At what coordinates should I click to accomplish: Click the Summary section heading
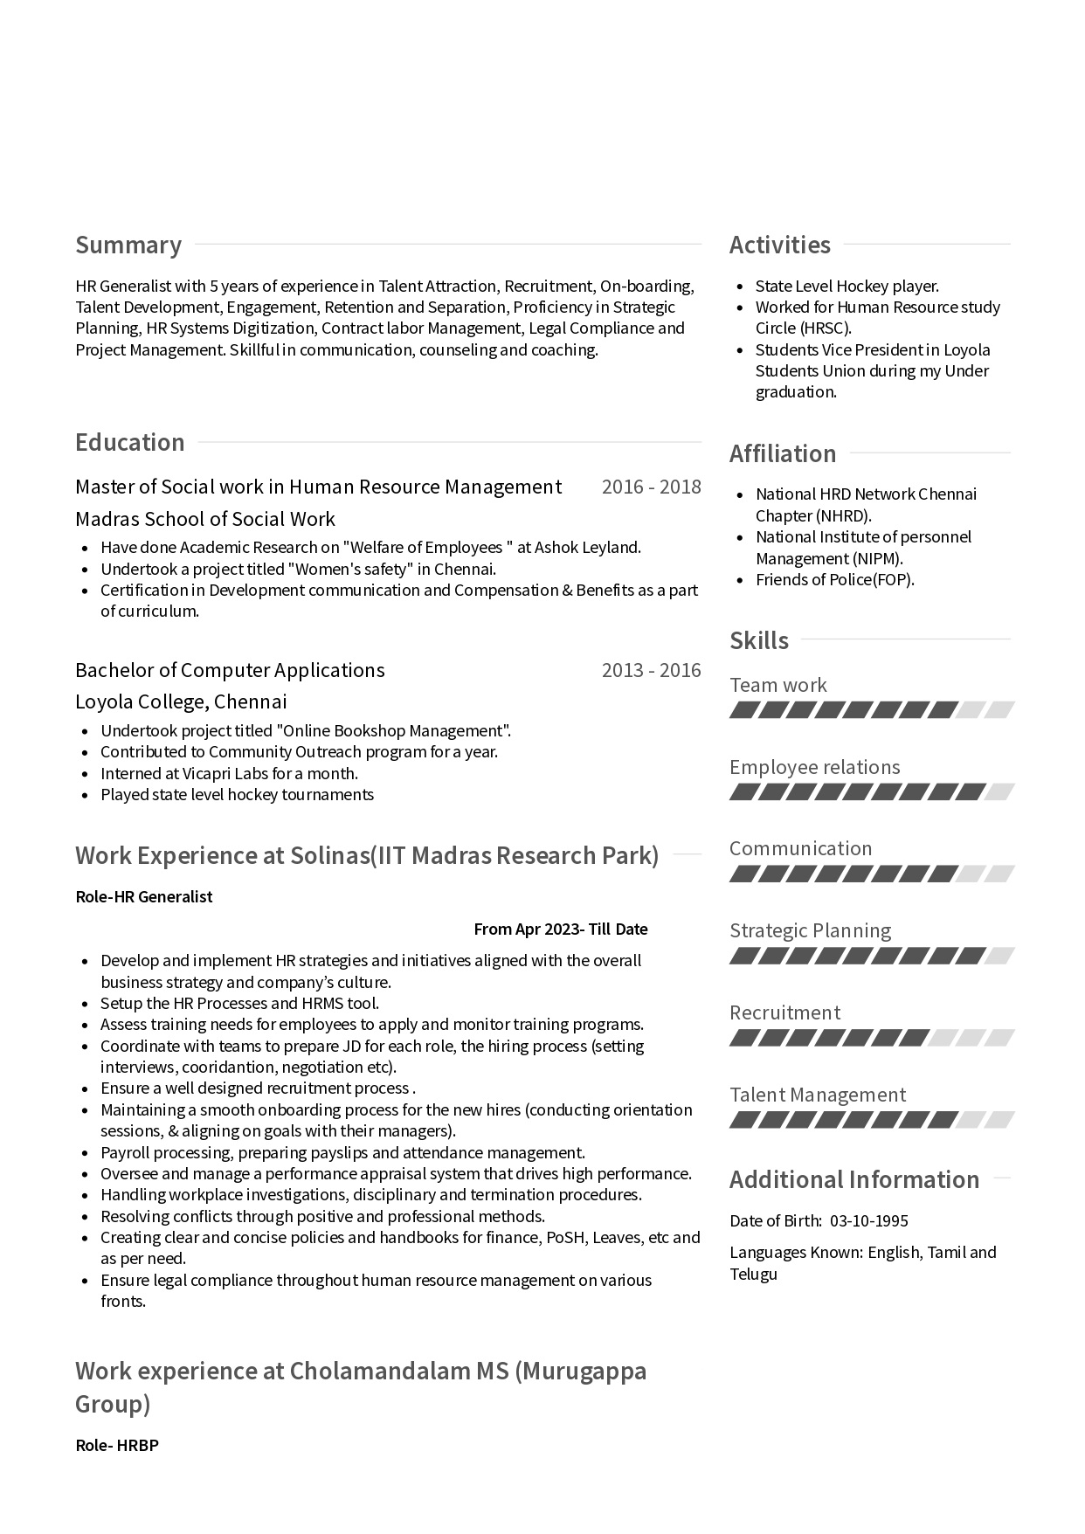(x=128, y=245)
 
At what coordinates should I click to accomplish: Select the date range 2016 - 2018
(x=651, y=487)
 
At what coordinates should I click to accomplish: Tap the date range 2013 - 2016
(x=651, y=670)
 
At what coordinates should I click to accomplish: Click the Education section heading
(x=130, y=442)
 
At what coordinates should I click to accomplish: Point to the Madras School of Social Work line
(x=205, y=519)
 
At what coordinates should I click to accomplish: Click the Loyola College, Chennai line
(x=181, y=701)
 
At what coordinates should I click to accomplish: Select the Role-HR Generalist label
(x=144, y=896)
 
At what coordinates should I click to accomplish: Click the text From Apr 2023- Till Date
(x=560, y=929)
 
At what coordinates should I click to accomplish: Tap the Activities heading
(x=780, y=245)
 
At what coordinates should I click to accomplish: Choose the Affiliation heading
(x=783, y=453)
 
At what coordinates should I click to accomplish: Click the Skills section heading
(x=759, y=640)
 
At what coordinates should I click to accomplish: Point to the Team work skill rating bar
(x=871, y=710)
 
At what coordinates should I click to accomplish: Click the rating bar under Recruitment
(x=871, y=1038)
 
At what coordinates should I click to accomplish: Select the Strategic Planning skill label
(x=810, y=930)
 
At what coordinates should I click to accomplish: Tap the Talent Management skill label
(x=818, y=1095)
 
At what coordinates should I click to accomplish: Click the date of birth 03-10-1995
(x=868, y=1220)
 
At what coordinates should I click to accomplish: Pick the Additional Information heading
(x=854, y=1179)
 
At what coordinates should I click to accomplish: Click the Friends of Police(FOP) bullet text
(x=834, y=579)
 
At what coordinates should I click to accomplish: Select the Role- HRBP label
(x=117, y=1445)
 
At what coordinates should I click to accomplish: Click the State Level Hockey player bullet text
(x=847, y=286)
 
